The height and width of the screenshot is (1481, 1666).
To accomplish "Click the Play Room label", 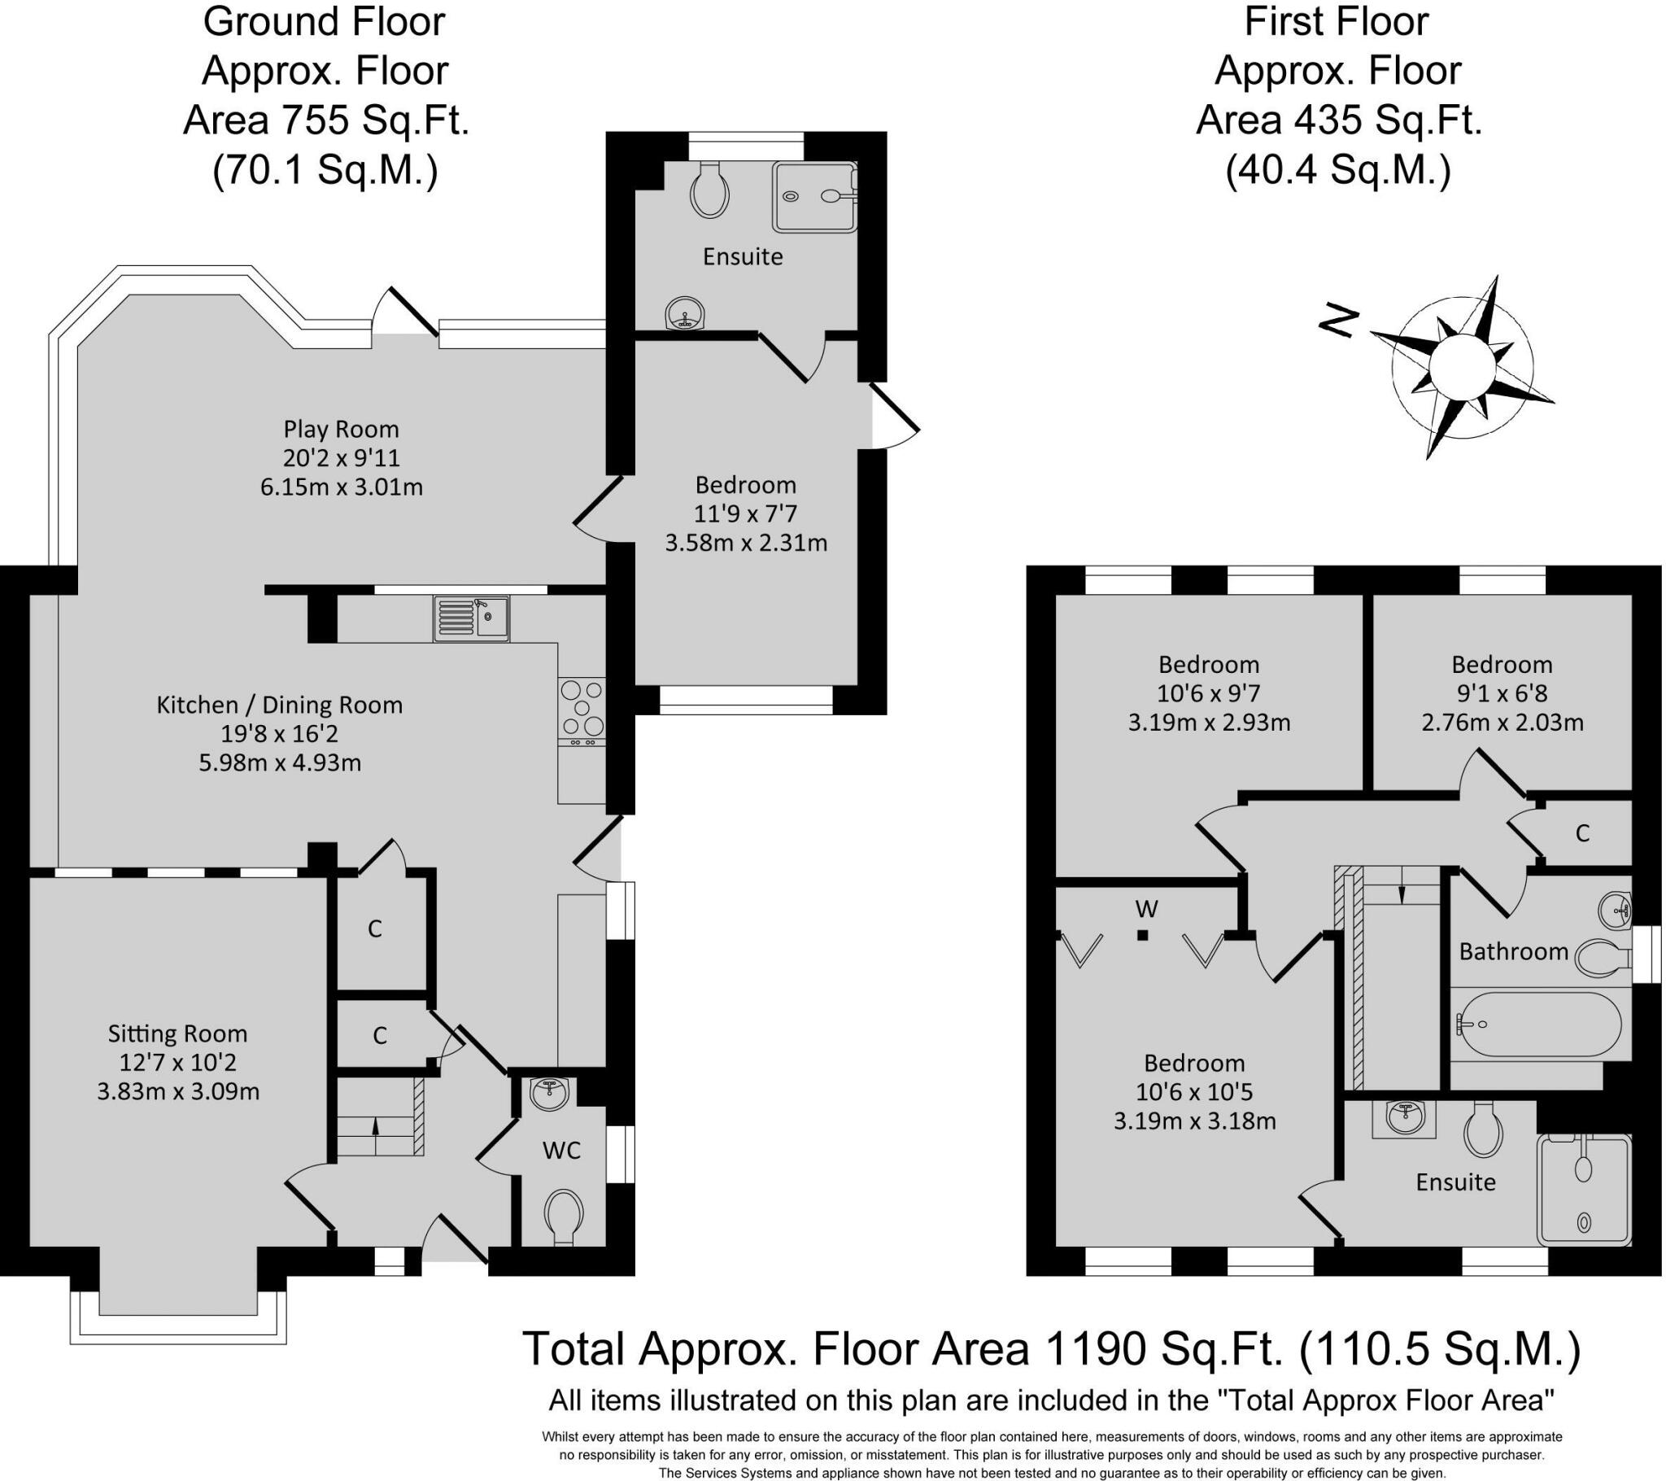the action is tap(342, 429).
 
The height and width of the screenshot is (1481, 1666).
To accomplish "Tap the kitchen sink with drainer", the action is tap(472, 619).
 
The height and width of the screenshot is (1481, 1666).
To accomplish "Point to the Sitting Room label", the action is tap(177, 1034).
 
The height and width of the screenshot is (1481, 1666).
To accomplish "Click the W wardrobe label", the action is tap(1147, 908).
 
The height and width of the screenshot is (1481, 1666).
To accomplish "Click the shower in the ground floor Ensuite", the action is tap(816, 198).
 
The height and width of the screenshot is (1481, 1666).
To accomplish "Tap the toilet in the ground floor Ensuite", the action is tap(709, 190).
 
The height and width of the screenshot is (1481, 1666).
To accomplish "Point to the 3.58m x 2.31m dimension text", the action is tap(746, 543).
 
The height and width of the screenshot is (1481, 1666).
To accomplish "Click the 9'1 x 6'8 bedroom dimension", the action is tap(1502, 694).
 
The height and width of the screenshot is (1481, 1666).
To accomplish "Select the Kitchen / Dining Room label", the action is tap(280, 706).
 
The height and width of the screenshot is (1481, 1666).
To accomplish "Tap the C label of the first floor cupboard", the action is tap(1583, 833).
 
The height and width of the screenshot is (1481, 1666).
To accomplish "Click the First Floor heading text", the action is tap(1337, 22).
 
